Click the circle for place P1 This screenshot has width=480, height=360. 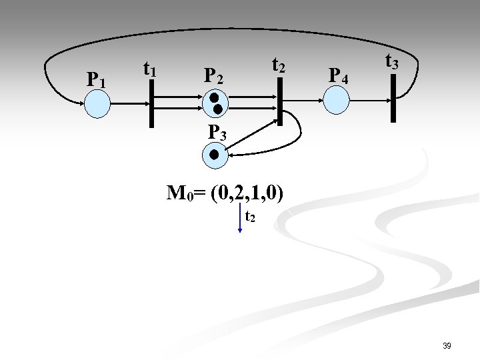click(x=98, y=103)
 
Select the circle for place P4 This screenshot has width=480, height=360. click(x=336, y=100)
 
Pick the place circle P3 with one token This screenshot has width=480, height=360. click(x=214, y=155)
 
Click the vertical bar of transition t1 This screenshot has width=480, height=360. click(x=152, y=103)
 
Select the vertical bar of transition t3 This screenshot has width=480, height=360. click(x=393, y=98)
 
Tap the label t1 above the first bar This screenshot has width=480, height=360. click(x=150, y=68)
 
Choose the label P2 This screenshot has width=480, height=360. click(x=213, y=75)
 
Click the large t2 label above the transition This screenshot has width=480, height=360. click(x=279, y=65)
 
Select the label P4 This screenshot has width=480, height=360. click(x=338, y=75)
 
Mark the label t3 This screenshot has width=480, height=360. click(x=392, y=63)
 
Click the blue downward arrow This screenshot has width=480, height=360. click(x=239, y=219)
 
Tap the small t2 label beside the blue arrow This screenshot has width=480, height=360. click(x=249, y=217)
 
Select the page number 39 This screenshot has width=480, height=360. click(x=447, y=346)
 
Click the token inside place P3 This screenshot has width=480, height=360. click(x=214, y=155)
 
